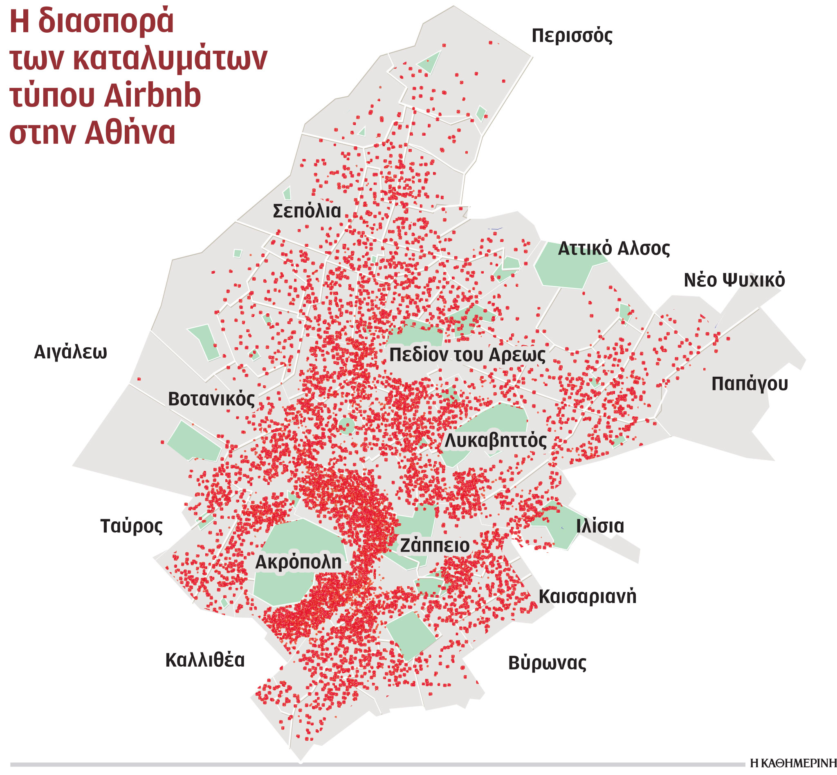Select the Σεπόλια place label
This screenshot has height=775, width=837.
point(306,211)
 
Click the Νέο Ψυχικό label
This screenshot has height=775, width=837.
point(734,280)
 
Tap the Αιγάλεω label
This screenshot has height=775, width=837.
point(70,353)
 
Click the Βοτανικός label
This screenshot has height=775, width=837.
point(211,399)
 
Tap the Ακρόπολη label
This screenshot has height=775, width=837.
point(298,563)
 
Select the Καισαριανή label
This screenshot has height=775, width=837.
point(587,597)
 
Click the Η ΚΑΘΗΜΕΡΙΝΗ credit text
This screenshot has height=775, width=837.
point(793,763)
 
